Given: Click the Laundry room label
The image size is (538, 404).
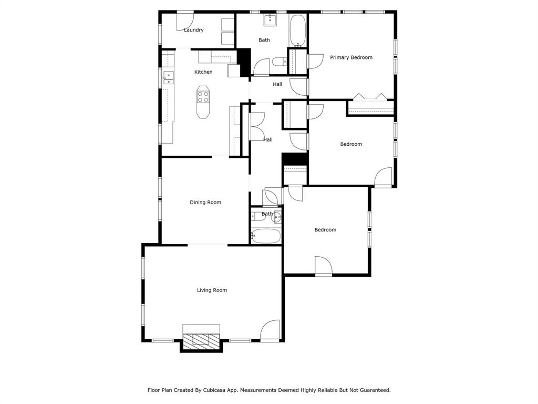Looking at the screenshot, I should pos(193,30).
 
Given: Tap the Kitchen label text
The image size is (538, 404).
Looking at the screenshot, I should pos(203,72).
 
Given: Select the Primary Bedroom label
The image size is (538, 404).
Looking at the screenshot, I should pos(351,57).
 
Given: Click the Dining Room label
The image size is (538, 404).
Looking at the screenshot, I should pos(205,203).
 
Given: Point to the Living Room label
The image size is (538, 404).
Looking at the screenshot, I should pos(212,290).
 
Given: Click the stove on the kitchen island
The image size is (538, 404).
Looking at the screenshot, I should pos(203,97).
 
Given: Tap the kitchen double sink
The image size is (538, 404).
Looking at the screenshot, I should pos(168,78).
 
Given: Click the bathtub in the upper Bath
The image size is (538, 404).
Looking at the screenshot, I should pos(297,31).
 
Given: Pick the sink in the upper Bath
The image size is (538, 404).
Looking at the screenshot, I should pos(271,21).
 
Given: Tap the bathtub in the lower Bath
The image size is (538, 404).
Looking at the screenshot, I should pos(266,236).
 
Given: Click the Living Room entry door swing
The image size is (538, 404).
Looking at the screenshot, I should pos(271,330).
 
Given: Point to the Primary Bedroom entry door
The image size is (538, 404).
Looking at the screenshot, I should pos(315,61).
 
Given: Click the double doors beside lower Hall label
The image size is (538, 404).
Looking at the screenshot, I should pos(256,127).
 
